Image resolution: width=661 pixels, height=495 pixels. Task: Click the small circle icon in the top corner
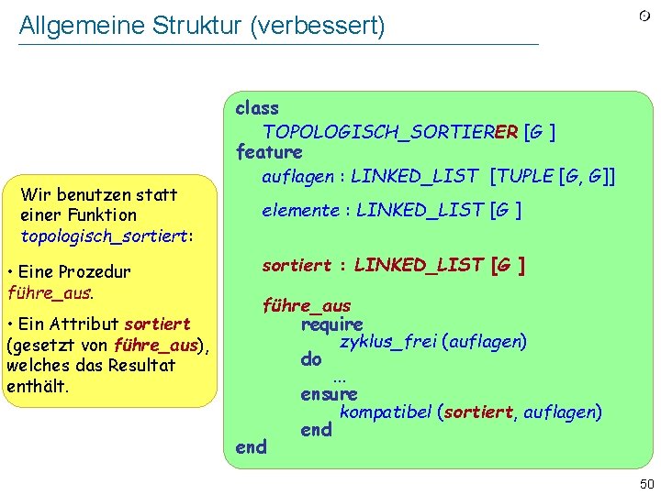coord(645,16)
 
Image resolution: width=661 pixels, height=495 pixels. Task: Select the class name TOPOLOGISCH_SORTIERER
coord(390,131)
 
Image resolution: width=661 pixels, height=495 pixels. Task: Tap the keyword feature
coord(268,152)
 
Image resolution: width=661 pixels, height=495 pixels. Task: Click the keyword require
coord(331,324)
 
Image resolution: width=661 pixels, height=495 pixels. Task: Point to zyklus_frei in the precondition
coord(387,342)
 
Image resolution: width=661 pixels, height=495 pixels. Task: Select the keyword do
coord(310,360)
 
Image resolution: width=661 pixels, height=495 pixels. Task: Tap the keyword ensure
coord(329,395)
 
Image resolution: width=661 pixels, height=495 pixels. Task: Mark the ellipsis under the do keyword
coord(340,377)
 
